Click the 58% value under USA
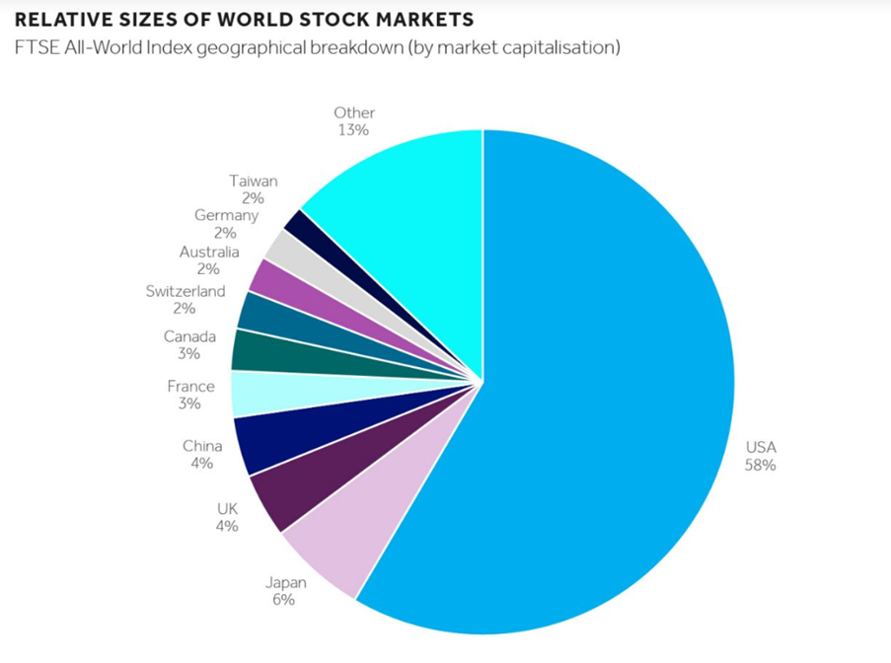(x=761, y=465)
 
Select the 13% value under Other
(x=353, y=130)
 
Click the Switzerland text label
(x=186, y=291)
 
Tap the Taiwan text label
(x=254, y=182)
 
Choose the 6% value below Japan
(x=282, y=598)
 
